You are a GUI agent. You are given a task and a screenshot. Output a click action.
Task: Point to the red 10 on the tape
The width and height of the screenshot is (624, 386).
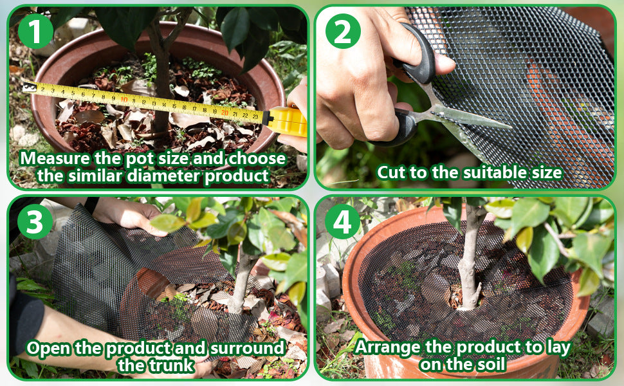(124, 99)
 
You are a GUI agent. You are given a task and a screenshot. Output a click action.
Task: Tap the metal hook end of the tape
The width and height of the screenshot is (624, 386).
(28, 86)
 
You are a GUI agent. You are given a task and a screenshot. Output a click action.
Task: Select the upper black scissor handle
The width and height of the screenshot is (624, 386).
(422, 61)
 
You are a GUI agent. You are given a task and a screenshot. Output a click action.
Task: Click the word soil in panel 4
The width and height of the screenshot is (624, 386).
(490, 364)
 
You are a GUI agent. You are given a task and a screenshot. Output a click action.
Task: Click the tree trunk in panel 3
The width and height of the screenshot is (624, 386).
(242, 283)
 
